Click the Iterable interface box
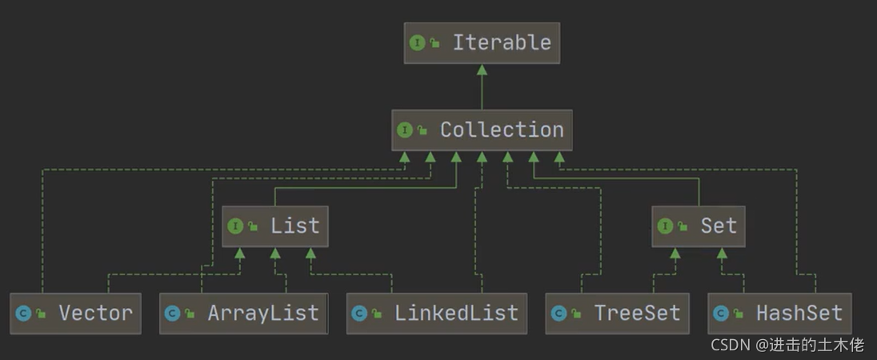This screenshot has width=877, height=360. click(x=482, y=42)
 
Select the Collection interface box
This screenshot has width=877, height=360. click(x=482, y=130)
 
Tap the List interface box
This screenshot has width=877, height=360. click(x=275, y=226)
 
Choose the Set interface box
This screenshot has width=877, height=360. click(x=699, y=226)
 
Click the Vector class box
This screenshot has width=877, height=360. click(x=75, y=313)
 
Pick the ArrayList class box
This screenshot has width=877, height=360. click(x=243, y=313)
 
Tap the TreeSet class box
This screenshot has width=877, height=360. click(x=617, y=313)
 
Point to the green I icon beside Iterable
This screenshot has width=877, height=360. click(x=417, y=43)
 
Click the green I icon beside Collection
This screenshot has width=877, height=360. click(x=404, y=130)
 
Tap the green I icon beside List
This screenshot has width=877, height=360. click(x=234, y=226)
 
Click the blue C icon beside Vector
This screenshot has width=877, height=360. click(x=23, y=314)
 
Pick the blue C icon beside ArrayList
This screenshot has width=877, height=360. click(x=172, y=314)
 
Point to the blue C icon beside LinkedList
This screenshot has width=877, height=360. click(x=359, y=314)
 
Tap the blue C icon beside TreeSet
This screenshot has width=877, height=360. click(x=559, y=314)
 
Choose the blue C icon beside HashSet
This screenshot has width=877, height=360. click(x=721, y=314)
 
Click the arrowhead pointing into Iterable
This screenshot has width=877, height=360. click(x=482, y=70)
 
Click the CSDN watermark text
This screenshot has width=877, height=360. click(x=787, y=346)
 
